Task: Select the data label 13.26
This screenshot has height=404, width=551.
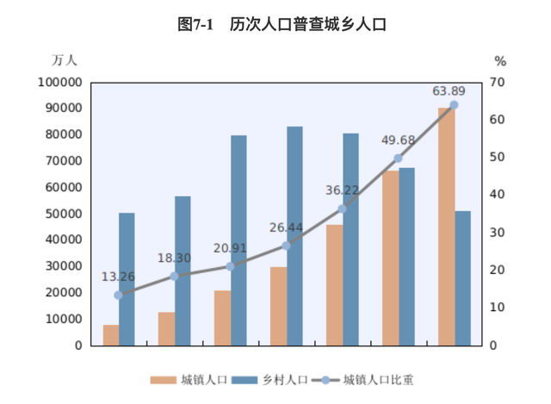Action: coord(118,277)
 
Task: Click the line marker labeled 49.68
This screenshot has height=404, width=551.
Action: coord(398,158)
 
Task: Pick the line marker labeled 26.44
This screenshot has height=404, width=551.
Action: coord(287,246)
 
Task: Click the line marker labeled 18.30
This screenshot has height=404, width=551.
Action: coord(175,276)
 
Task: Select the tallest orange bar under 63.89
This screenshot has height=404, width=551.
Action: coord(446,227)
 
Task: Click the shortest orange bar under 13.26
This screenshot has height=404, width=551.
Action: coord(111,335)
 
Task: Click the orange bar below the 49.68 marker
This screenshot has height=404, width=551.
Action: coord(391,258)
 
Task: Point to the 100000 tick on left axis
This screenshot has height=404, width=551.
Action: coord(60,82)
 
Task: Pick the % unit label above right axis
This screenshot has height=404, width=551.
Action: coord(499,60)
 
